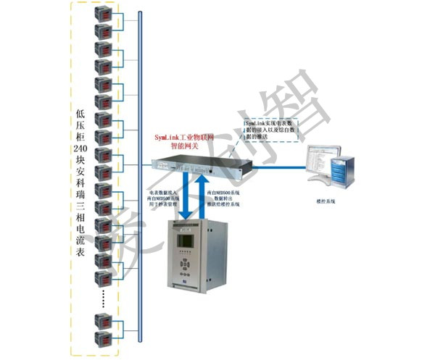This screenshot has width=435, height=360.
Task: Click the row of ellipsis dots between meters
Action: point(106,295)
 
